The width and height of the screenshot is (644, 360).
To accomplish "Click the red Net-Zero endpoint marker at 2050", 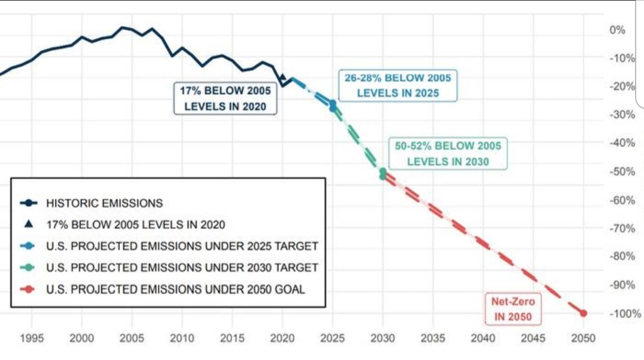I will pos(583,314).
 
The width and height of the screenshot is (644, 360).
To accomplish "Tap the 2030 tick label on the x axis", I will pos(383,339).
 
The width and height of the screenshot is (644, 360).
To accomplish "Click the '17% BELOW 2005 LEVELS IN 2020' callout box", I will pos(225,99).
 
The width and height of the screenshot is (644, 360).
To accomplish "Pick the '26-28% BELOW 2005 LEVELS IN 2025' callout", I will pos(398,85).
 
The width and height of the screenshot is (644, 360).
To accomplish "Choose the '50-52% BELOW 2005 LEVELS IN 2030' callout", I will pos(448,153).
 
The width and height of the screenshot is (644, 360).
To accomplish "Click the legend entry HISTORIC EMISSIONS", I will pos(104,203).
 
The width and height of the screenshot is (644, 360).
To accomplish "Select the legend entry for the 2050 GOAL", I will pos(176,290).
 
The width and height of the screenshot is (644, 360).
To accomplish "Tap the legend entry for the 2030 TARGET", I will pos(182,268).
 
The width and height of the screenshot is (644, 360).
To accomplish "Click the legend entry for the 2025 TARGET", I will pos(182,246).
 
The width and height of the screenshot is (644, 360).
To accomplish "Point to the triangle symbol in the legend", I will pos(29,225).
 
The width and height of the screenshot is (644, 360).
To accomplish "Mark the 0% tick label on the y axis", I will pos(618,30).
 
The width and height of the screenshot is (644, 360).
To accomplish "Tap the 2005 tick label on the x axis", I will pos(132,339).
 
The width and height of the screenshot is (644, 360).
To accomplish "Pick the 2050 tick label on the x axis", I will pos(583,339).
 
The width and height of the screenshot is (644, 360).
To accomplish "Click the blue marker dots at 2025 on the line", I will pos(333,105).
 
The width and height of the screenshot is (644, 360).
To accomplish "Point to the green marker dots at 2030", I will pos(383,173).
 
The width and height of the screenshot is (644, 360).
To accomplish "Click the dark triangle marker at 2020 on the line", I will pos(283,77).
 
